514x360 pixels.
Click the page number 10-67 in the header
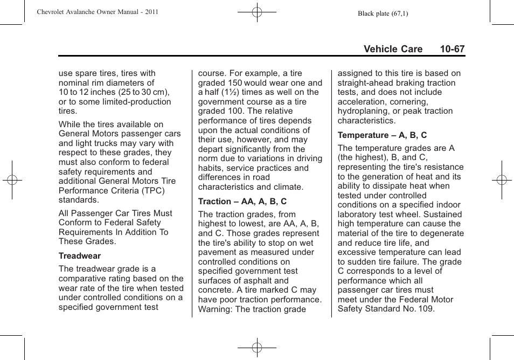click(452, 49)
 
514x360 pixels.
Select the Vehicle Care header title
click(393, 49)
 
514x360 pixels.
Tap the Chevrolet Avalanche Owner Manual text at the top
click(98, 12)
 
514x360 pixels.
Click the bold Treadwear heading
click(80, 256)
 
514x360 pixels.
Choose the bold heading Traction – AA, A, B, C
click(242, 202)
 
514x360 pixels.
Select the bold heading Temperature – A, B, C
click(382, 135)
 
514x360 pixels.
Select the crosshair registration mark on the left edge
click(12, 180)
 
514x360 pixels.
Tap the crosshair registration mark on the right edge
click(502, 180)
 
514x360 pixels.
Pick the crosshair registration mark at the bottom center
click(257, 348)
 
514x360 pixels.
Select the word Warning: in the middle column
click(216, 309)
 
